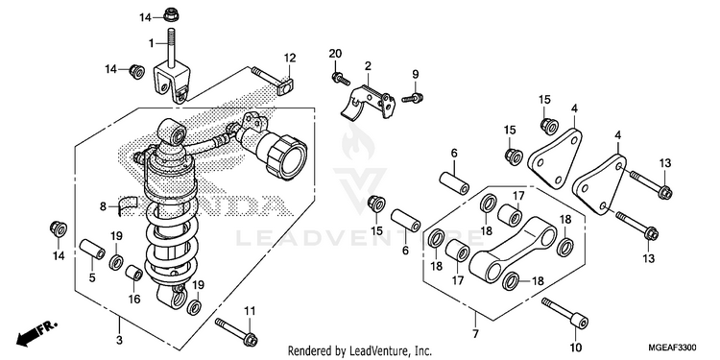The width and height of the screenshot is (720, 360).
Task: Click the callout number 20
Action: tap(335, 54)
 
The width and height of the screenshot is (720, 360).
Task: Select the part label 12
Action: tap(290, 59)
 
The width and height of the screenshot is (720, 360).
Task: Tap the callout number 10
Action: tap(576, 347)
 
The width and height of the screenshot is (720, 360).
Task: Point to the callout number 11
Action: tap(249, 311)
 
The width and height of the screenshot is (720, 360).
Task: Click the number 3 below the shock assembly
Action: tap(119, 340)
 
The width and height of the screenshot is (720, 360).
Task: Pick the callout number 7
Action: tap(475, 333)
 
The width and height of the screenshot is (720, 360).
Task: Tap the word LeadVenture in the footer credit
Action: tap(372, 350)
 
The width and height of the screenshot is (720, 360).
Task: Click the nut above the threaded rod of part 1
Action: tap(171, 14)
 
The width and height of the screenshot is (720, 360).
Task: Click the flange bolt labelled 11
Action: tap(236, 331)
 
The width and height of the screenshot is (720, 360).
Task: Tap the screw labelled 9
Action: tap(413, 97)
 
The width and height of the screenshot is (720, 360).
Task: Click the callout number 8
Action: tap(104, 206)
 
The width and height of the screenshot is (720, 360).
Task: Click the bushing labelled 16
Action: tap(134, 273)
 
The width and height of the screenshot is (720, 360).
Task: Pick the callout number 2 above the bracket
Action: tap(368, 66)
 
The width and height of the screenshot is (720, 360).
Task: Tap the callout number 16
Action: tap(133, 300)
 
